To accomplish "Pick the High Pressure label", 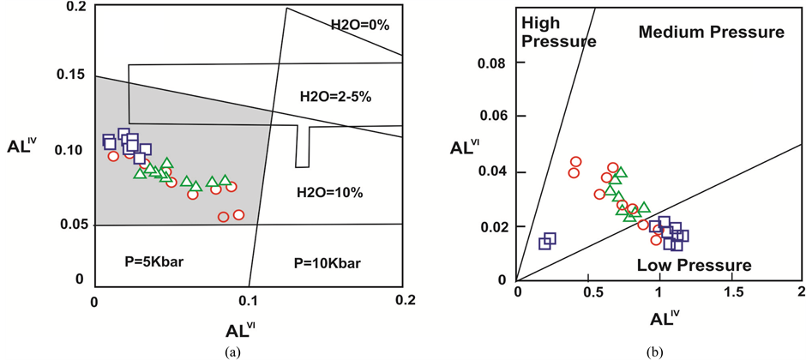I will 546,32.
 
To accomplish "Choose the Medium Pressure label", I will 711,33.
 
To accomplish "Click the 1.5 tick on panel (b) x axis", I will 730,295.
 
